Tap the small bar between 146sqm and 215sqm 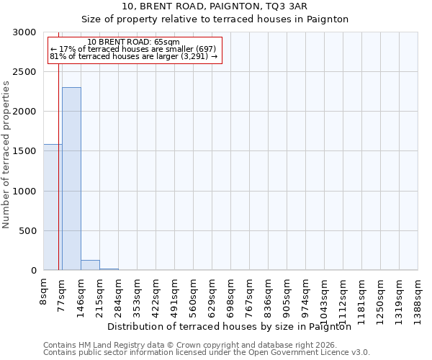pyautogui.click(x=90, y=265)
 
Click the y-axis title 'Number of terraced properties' pyautogui.click(x=6, y=154)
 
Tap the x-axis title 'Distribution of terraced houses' pyautogui.click(x=234, y=326)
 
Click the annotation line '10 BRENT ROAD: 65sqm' pyautogui.click(x=133, y=42)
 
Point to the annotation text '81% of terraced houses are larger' pyautogui.click(x=133, y=56)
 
